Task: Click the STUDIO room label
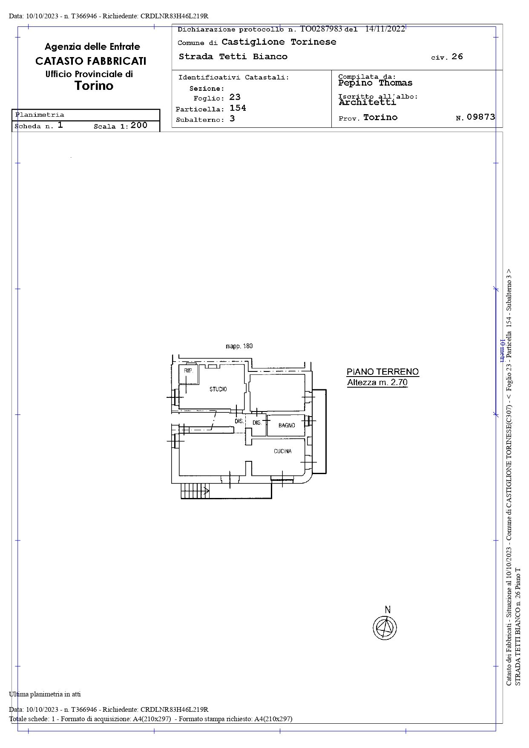[218, 389]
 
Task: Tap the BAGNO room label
[287, 425]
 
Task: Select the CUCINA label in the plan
[283, 451]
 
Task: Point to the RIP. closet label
[189, 371]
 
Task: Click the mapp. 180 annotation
[239, 346]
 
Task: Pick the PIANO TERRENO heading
[382, 371]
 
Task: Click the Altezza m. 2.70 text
[377, 382]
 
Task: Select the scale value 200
[139, 125]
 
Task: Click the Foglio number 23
[235, 97]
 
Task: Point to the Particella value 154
[238, 108]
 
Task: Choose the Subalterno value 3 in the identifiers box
[232, 118]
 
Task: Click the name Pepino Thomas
[375, 83]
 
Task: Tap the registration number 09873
[481, 117]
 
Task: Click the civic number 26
[457, 57]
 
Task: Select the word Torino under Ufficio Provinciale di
[94, 86]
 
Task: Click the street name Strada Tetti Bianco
[233, 57]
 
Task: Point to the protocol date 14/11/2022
[385, 29]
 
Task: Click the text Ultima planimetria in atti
[45, 694]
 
